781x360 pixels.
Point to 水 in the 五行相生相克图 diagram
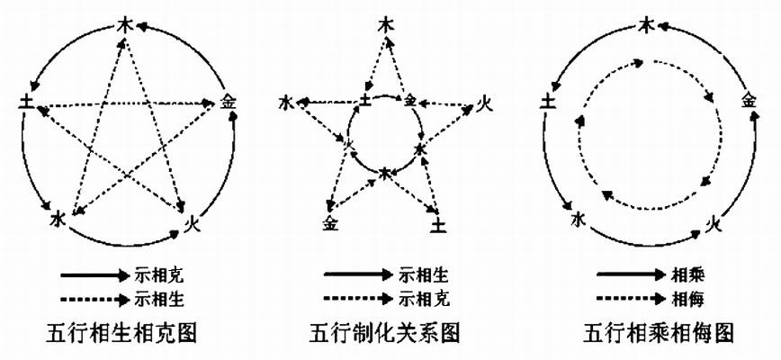tap(58, 218)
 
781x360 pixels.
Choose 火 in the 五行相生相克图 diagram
tap(191, 219)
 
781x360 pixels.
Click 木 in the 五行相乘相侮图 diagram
tap(646, 25)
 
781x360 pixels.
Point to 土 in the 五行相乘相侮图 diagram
tap(546, 103)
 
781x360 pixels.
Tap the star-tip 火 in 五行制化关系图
tap(484, 101)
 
